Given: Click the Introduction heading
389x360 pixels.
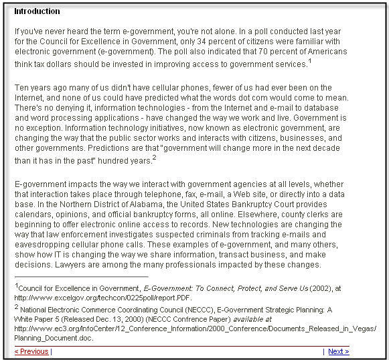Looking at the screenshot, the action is click(x=37, y=11).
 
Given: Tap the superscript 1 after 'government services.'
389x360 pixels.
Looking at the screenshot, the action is click(x=310, y=61).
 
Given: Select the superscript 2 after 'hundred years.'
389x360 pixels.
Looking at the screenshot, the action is click(x=154, y=158).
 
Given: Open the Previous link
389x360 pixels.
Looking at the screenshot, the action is click(x=31, y=351).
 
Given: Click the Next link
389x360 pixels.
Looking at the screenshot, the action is click(x=338, y=351).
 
